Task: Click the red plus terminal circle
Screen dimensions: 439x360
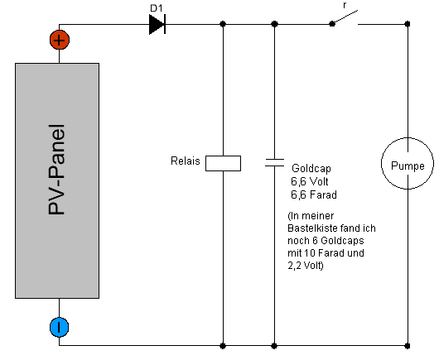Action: click(60, 40)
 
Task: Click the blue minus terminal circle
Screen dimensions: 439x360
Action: click(60, 327)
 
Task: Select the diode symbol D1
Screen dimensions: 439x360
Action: click(157, 24)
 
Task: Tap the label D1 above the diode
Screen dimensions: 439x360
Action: click(157, 8)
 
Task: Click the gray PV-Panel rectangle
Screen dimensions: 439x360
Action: click(57, 180)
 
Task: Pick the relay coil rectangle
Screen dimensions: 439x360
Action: click(223, 163)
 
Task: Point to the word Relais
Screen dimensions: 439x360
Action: click(186, 161)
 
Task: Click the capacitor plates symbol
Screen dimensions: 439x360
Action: click(274, 162)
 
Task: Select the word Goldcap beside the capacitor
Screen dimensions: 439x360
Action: click(311, 168)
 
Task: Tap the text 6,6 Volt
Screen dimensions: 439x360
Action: click(310, 181)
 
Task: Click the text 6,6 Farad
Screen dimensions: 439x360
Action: click(314, 194)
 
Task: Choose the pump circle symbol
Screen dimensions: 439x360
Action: click(408, 163)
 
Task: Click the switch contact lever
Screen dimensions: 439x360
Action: click(345, 17)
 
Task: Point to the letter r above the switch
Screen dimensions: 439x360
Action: click(345, 5)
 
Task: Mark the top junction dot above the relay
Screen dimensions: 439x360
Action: click(223, 24)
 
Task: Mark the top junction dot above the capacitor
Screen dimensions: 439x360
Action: click(274, 24)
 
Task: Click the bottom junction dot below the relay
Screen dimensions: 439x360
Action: click(223, 346)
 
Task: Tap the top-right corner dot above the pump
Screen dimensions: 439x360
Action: click(408, 24)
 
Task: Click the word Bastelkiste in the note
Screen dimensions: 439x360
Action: click(311, 228)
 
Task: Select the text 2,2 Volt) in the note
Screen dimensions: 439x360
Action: click(306, 265)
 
